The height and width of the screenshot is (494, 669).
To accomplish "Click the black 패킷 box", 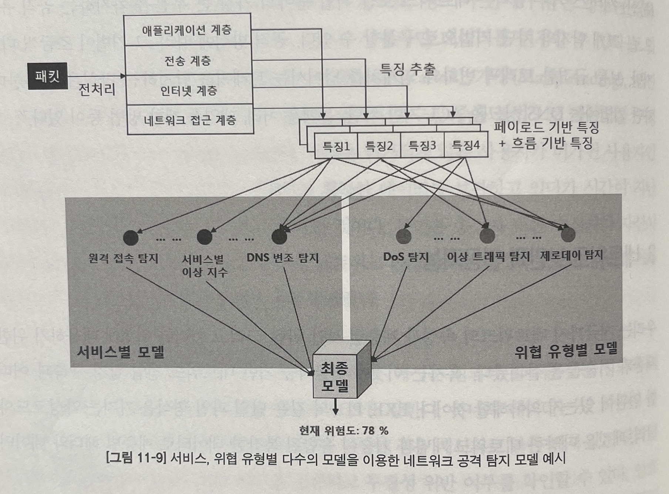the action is [x=48, y=76].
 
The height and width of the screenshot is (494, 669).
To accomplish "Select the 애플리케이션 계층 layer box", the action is [x=187, y=30].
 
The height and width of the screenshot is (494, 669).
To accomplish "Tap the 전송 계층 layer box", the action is [x=188, y=60].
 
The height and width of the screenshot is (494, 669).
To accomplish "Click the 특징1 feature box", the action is [x=336, y=146].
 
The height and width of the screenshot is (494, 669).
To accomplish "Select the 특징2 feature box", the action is [x=379, y=146].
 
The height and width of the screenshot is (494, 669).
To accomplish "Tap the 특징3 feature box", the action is [x=422, y=146].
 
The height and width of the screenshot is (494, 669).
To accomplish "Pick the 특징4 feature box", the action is [x=465, y=145].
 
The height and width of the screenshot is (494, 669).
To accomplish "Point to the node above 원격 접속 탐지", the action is [x=131, y=238].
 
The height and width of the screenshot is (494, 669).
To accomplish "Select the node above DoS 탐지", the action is [x=404, y=236].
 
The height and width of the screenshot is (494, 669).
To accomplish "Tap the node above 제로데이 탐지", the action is [x=568, y=235].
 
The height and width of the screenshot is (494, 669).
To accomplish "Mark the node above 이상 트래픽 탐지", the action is [x=487, y=235].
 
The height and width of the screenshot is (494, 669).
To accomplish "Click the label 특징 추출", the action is [x=408, y=68].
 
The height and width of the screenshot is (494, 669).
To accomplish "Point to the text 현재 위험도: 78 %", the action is [x=344, y=431].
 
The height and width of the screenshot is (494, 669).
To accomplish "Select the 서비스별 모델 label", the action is [x=120, y=351].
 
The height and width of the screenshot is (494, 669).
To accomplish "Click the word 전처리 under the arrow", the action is [x=97, y=90].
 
